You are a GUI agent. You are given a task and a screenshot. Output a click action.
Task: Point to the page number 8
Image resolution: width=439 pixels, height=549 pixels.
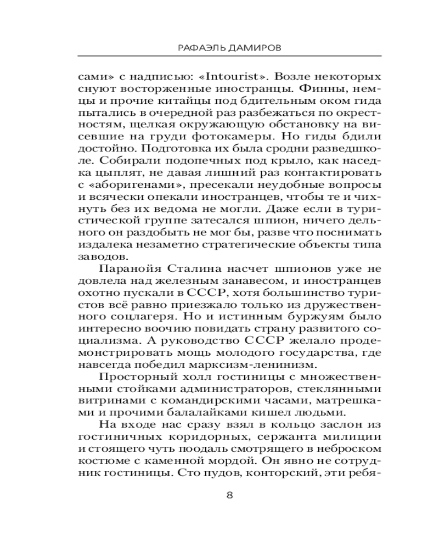click(230, 494)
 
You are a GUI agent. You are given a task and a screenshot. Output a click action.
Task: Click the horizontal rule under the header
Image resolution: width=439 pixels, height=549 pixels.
click(230, 57)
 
